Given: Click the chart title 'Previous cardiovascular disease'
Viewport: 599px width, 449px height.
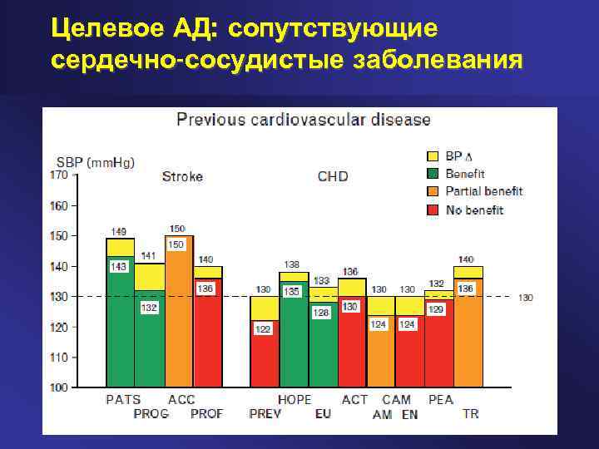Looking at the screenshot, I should click(304, 120).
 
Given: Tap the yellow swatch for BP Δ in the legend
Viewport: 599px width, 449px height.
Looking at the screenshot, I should click(433, 156).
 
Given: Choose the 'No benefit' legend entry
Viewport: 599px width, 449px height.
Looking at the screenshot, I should click(474, 210).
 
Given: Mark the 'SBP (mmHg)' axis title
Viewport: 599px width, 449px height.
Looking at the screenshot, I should click(96, 161).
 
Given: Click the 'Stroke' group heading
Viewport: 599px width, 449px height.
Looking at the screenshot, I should click(182, 176).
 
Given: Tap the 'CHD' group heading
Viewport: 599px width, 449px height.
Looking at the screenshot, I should click(333, 176).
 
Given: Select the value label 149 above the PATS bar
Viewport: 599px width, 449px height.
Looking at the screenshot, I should click(119, 231).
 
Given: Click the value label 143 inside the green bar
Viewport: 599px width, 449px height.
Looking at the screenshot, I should click(119, 266).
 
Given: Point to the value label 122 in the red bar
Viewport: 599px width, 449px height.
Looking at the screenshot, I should click(263, 329).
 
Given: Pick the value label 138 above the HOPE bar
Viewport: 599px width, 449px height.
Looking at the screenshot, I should click(293, 264).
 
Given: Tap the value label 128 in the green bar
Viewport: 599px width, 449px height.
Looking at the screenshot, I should click(321, 312).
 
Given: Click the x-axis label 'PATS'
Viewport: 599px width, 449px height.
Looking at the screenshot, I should click(123, 399).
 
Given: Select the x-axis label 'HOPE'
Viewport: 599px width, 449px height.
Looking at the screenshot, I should click(295, 399).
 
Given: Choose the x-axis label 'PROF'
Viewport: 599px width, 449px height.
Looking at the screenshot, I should click(206, 413).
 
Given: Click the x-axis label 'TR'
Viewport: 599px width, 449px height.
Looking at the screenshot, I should click(470, 413).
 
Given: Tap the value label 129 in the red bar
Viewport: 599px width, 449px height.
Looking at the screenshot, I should click(436, 309).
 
